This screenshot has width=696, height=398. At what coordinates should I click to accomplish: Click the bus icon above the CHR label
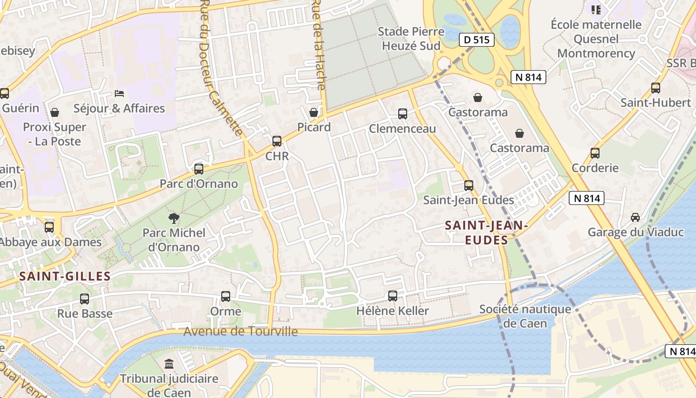coord(277,141)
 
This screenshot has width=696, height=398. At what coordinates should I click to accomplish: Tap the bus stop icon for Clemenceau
coord(403,114)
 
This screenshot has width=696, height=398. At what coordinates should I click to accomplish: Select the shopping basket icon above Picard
coord(313,112)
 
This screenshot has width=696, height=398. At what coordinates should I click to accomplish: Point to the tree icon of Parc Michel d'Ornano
coord(174,217)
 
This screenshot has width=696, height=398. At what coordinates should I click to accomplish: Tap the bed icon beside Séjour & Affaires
coord(119,93)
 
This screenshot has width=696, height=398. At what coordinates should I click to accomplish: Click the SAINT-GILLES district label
coord(65,276)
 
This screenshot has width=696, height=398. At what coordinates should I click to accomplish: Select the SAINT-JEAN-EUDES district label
coord(486,233)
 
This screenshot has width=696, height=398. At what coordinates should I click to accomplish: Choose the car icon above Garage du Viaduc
coord(635,217)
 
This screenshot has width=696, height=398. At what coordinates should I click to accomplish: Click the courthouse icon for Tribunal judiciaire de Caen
coord(169,364)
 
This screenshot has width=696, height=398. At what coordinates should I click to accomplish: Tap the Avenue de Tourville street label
coord(241,332)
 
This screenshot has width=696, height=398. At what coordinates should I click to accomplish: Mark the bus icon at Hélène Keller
coord(393,296)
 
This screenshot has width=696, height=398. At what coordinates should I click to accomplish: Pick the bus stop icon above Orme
coord(226,297)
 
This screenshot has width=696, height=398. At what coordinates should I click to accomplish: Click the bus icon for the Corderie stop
coord(595,153)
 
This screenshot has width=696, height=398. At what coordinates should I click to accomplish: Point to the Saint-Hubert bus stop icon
coord(656,88)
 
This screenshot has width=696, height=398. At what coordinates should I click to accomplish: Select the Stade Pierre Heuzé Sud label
coord(411,39)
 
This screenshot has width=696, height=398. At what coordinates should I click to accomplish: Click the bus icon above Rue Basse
coord(85,299)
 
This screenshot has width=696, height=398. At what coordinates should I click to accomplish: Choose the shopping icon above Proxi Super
coord(55,112)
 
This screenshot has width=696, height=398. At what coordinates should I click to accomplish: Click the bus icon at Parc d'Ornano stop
coord(199,169)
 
